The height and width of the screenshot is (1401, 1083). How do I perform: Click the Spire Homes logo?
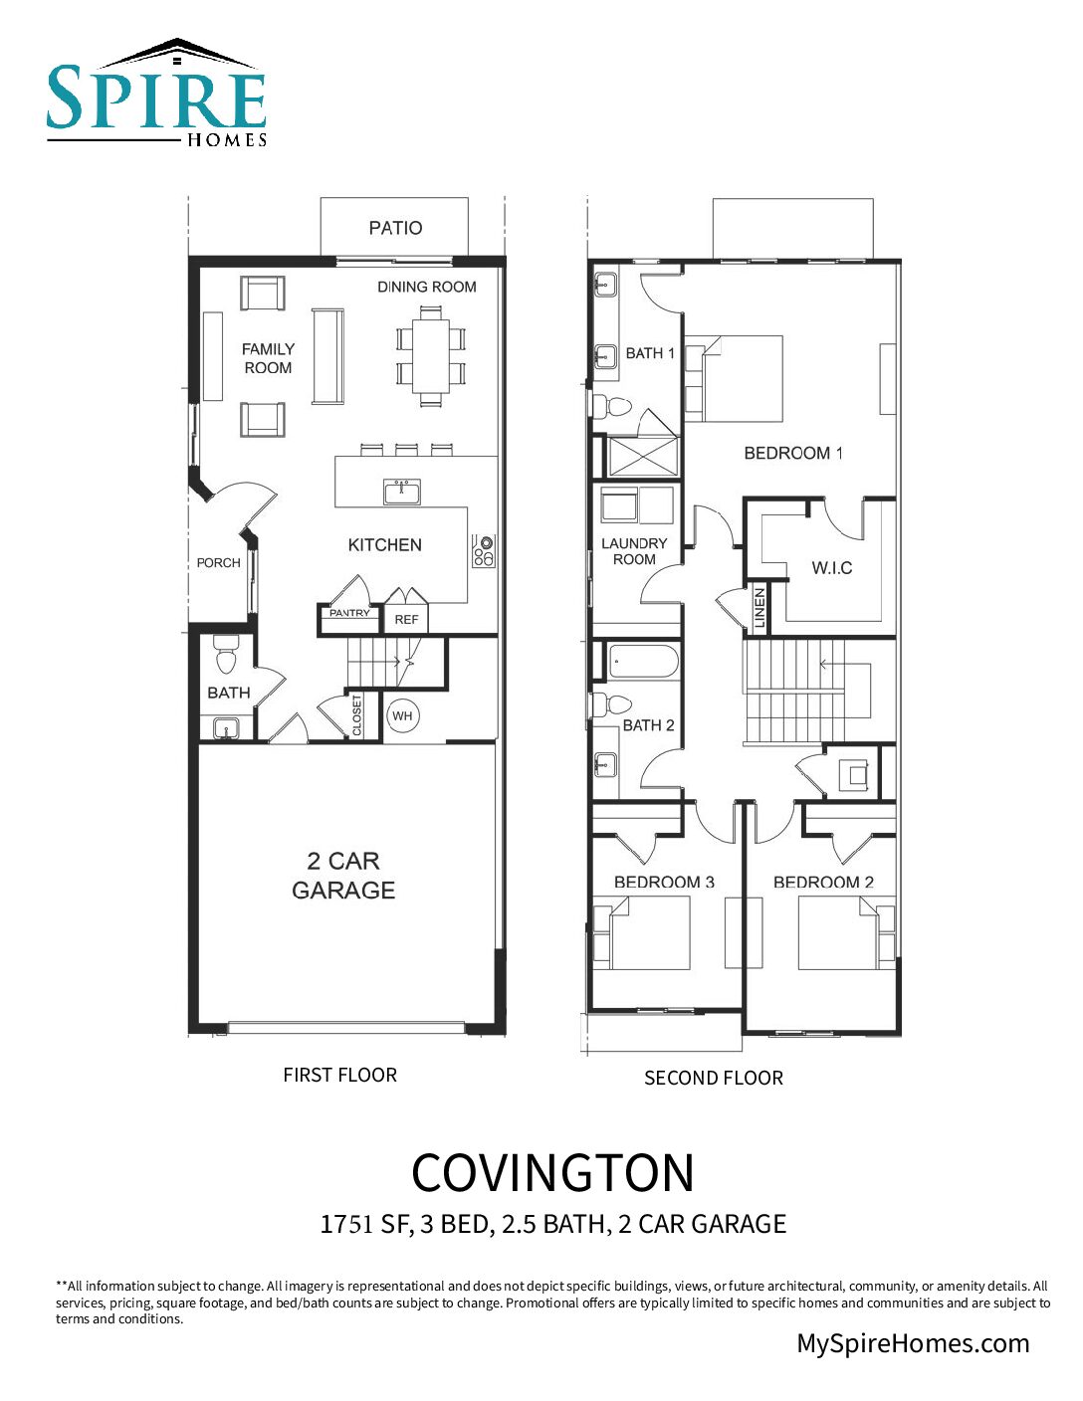click(156, 95)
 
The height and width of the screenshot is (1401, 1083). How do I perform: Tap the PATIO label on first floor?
click(395, 228)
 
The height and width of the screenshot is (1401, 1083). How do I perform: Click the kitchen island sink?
click(402, 492)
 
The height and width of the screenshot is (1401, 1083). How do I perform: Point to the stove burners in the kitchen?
click(484, 550)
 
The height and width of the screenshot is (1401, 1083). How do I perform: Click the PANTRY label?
click(349, 613)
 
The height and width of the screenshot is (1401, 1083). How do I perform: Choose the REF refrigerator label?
click(406, 619)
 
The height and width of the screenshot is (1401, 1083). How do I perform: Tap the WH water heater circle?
click(402, 716)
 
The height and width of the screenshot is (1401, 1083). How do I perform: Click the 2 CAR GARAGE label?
click(343, 876)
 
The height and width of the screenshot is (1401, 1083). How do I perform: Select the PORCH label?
click(218, 562)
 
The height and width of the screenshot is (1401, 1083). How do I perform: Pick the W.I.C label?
click(831, 568)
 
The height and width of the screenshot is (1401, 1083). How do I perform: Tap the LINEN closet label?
click(759, 608)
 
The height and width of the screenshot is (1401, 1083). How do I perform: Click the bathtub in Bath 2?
click(643, 661)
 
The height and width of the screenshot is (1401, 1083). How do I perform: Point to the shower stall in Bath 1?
click(642, 455)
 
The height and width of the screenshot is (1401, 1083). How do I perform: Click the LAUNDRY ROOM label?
click(634, 551)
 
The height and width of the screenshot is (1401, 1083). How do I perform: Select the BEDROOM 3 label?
click(664, 882)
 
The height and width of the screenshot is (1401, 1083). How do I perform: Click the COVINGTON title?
click(552, 1173)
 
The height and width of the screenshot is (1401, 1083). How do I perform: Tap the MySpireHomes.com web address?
click(913, 1343)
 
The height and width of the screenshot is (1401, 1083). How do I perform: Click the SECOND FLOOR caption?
click(713, 1078)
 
